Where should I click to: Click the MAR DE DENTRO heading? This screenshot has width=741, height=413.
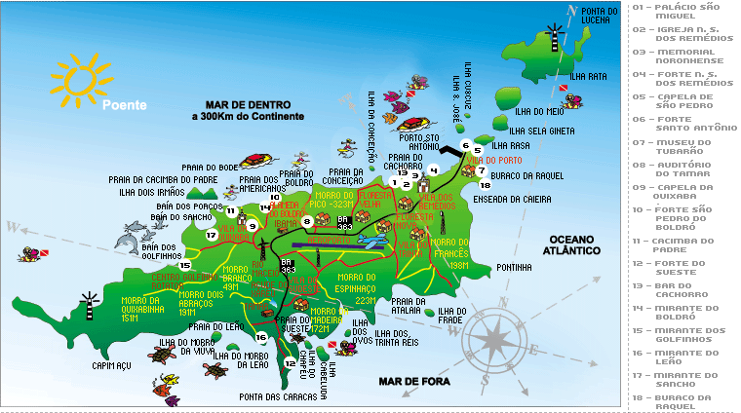248,104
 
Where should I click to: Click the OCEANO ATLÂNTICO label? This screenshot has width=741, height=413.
572,244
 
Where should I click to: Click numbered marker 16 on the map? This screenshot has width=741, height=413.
260,337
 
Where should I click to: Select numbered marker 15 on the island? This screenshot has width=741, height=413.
184,265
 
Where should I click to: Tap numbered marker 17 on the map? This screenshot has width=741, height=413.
212,235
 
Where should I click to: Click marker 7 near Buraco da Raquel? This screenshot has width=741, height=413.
482,169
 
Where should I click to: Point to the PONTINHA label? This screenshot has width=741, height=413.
514,267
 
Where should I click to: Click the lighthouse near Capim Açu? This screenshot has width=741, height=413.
89,303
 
